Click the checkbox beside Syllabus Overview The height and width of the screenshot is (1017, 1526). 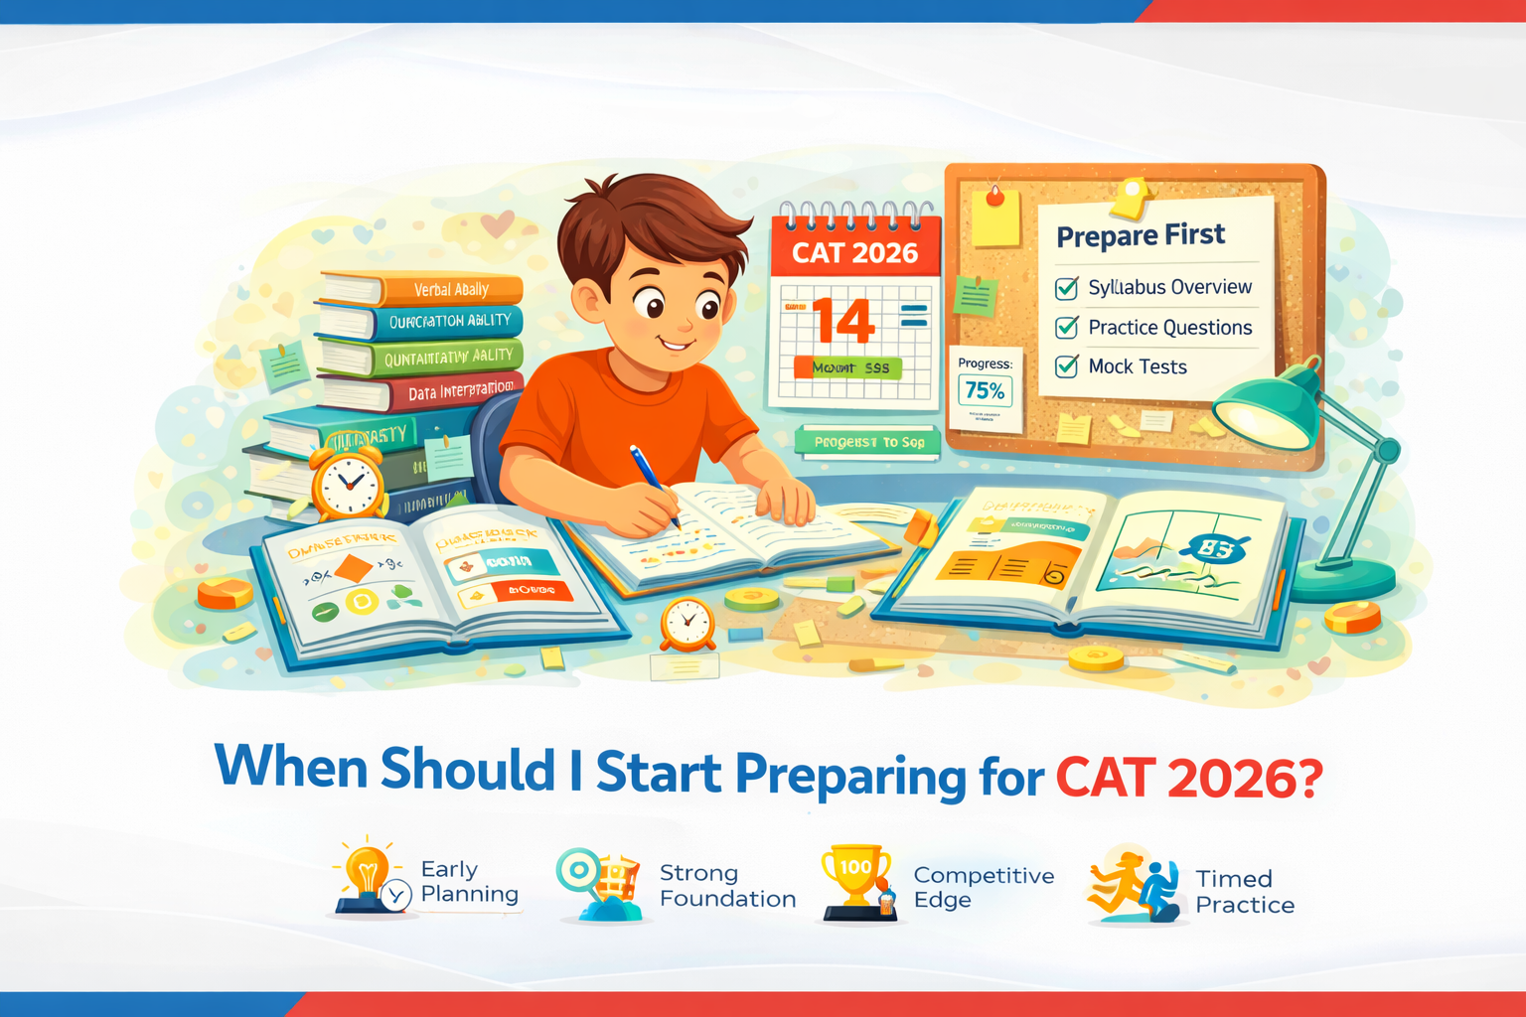click(1066, 288)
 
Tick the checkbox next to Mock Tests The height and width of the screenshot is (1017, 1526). click(1066, 366)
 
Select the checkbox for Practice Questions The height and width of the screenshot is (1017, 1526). click(1066, 327)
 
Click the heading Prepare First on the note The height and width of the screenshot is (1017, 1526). click(1141, 236)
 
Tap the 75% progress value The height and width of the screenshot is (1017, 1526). click(985, 391)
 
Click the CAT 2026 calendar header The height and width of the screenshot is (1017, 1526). click(854, 253)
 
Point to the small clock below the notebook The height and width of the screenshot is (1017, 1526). click(687, 625)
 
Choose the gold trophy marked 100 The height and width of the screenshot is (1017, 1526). click(854, 874)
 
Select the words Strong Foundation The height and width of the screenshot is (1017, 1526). click(727, 886)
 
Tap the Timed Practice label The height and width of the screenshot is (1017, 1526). click(1244, 892)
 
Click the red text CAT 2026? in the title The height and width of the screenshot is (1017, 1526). click(1188, 778)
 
